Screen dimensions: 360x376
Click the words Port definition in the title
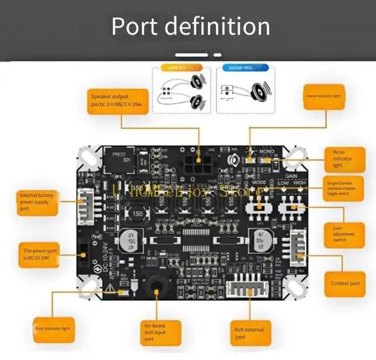[x=191, y=26]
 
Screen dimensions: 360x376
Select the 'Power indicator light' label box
[x=323, y=95]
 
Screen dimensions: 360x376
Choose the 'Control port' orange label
[x=345, y=283]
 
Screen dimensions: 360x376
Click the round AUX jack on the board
[x=157, y=285]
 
